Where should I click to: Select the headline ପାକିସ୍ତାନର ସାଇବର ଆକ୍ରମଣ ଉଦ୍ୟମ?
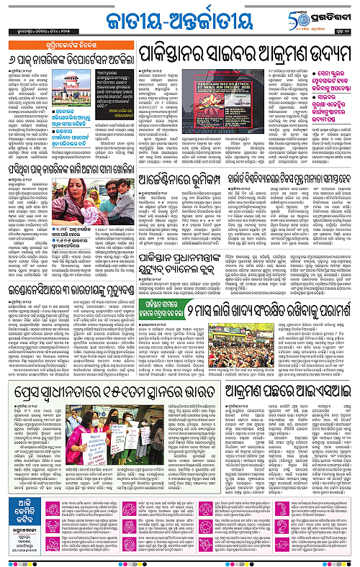click(244, 54)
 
